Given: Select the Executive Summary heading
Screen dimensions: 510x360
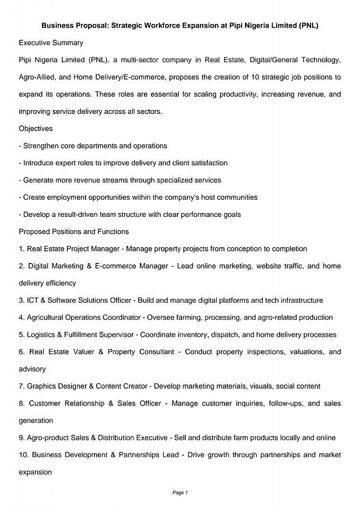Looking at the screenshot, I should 51,42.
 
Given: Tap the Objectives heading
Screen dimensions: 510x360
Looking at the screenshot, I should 36,129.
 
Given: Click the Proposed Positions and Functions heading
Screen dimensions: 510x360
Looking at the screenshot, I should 74,232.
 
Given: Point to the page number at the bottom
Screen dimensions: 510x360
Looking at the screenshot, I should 180,492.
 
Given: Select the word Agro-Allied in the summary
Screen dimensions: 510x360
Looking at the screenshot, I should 36,77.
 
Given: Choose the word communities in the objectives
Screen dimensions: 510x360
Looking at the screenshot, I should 236,197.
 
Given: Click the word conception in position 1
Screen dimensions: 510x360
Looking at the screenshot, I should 248,249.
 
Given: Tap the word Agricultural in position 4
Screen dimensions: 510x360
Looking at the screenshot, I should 47,318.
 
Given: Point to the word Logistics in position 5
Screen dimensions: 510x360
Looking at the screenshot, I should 42,335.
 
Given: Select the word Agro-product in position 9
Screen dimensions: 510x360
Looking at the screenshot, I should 48,438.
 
